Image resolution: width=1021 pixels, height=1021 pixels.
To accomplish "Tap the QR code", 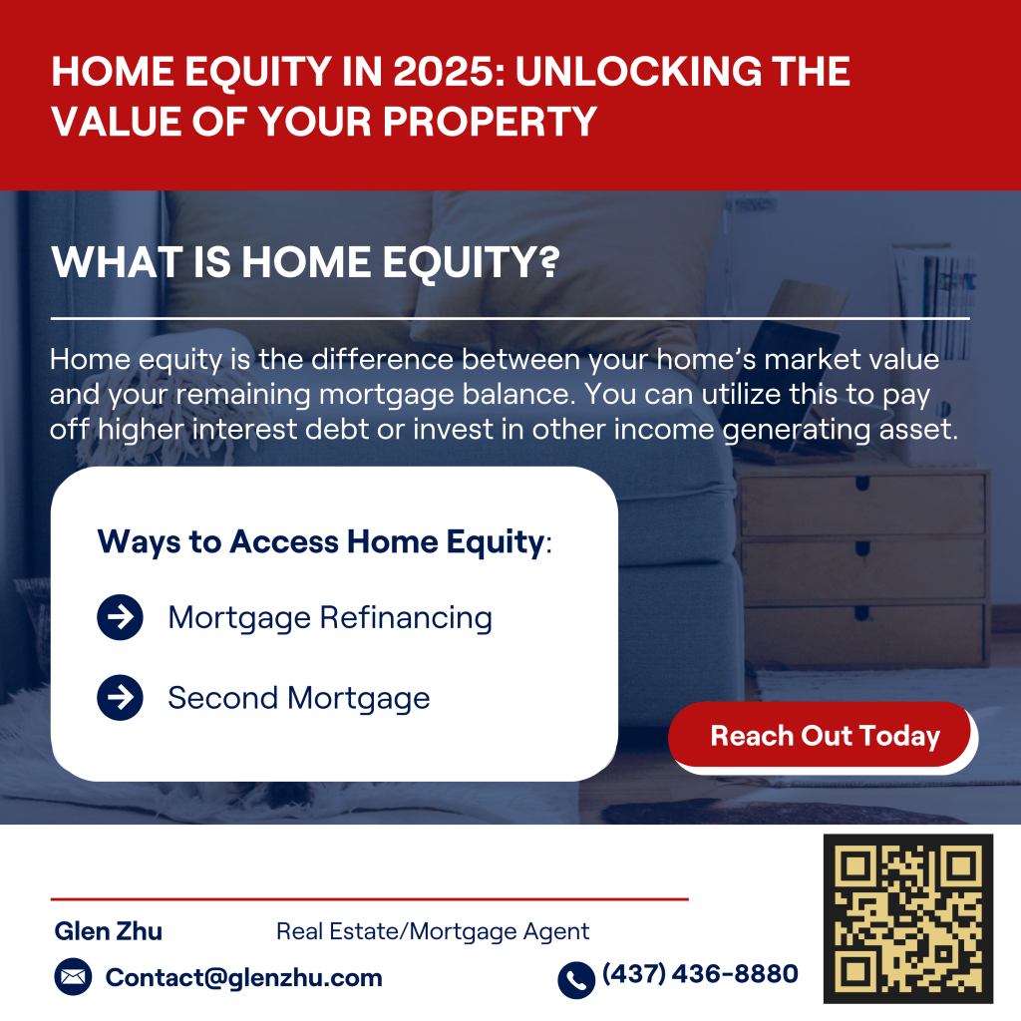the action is (908, 918).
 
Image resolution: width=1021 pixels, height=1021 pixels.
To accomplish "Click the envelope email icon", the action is (73, 977).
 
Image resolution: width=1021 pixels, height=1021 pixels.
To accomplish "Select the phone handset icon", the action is (576, 980).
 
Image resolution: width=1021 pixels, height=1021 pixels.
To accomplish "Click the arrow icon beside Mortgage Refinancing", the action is (120, 616).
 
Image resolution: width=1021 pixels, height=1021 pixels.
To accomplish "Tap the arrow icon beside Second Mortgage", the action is (120, 697).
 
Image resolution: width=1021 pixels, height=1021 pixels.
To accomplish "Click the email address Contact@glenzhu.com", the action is (244, 977).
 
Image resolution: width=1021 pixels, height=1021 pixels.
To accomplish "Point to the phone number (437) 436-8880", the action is (700, 973).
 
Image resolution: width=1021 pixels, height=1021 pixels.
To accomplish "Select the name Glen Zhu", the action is (108, 931).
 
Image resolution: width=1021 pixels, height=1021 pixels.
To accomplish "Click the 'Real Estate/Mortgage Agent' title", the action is (433, 932).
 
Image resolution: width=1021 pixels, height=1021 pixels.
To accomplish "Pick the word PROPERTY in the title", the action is (490, 121).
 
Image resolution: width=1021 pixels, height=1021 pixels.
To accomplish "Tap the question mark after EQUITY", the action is (550, 262).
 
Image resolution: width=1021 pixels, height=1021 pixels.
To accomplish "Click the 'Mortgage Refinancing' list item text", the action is (330, 618).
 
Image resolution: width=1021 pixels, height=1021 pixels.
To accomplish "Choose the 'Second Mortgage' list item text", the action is (299, 699).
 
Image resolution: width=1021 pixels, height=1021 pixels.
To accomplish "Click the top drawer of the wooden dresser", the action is (862, 505).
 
